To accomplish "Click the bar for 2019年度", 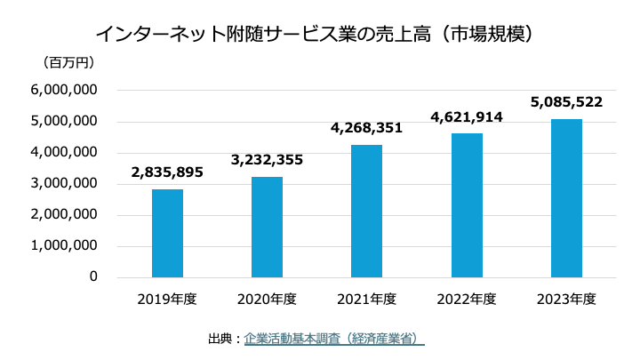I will (x=167, y=233).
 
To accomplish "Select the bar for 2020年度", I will (x=267, y=227).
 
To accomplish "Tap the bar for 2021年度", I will (x=366, y=211).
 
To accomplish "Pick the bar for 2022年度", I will (x=467, y=205).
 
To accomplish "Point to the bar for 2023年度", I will (x=566, y=198).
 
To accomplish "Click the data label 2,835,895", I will (x=167, y=172).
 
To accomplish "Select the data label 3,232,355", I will (x=267, y=160).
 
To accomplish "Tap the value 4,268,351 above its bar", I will (x=366, y=128).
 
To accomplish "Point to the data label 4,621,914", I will (x=467, y=116).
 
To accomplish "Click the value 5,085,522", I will (x=566, y=102).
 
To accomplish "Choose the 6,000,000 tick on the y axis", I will (x=63, y=91).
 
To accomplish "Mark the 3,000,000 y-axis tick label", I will (x=63, y=184).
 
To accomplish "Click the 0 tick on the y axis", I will (x=92, y=277).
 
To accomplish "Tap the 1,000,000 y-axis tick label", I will (x=63, y=246).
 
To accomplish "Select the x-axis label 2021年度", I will (x=366, y=299).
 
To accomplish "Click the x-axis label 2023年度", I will (x=566, y=299).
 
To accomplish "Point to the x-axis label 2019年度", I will (x=167, y=299).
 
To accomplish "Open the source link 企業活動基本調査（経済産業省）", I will (x=333, y=339).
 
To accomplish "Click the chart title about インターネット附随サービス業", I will (x=319, y=34).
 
